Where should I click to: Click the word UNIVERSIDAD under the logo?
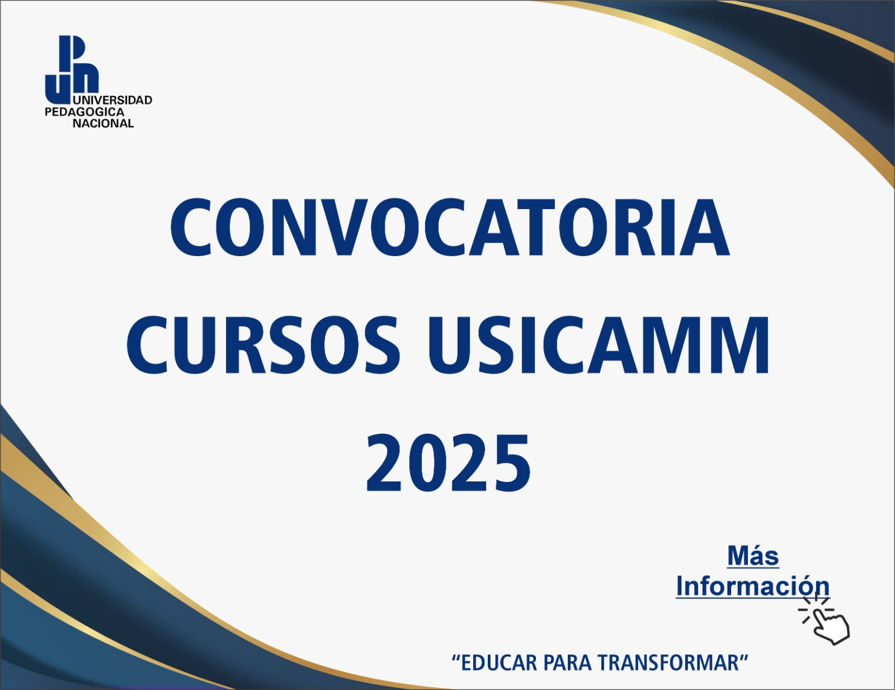click(x=112, y=100)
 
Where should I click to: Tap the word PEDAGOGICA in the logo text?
click(x=84, y=112)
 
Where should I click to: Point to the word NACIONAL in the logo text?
click(x=103, y=124)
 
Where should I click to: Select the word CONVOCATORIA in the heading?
click(x=450, y=228)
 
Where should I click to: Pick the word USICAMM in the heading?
click(x=599, y=345)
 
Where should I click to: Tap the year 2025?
click(x=448, y=464)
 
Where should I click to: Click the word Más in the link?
click(x=753, y=556)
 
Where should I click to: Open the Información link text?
click(x=752, y=586)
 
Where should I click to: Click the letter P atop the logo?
click(x=72, y=49)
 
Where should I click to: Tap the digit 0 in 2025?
click(x=427, y=464)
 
